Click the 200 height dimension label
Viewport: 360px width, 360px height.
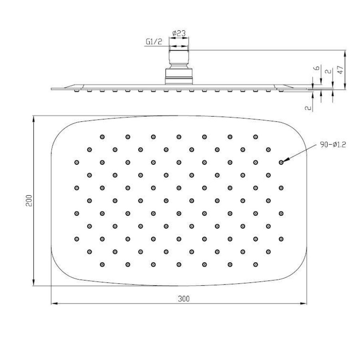click(x=28, y=201)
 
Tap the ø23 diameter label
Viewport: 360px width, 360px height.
click(x=178, y=34)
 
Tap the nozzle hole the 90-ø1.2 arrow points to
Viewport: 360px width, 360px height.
click(x=281, y=162)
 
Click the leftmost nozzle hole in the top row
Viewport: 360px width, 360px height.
click(x=102, y=137)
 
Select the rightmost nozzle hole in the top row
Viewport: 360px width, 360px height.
click(x=255, y=137)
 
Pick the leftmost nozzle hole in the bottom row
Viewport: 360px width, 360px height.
click(x=102, y=264)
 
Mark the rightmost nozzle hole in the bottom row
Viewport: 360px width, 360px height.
click(x=255, y=264)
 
